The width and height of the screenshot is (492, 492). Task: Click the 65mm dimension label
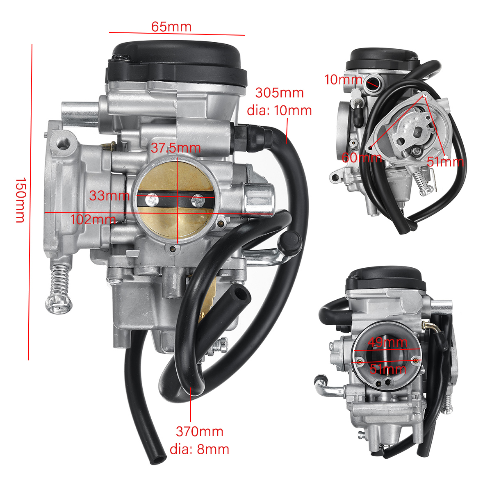[171, 27]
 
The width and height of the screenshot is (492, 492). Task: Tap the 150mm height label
[20, 200]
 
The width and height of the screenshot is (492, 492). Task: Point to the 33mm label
[109, 196]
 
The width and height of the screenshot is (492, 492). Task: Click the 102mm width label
[93, 220]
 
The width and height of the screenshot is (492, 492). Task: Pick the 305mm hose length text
[279, 93]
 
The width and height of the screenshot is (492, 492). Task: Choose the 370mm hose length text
[199, 431]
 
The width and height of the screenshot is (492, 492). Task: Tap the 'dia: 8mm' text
[199, 449]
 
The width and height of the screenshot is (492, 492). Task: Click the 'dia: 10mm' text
[279, 111]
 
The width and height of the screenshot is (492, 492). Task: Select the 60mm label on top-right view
[362, 157]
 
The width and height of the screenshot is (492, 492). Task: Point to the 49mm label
[387, 342]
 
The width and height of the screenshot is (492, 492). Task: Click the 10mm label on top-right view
[343, 80]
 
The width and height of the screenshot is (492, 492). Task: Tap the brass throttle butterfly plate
[176, 221]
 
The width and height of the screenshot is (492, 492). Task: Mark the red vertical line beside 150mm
[30, 201]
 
